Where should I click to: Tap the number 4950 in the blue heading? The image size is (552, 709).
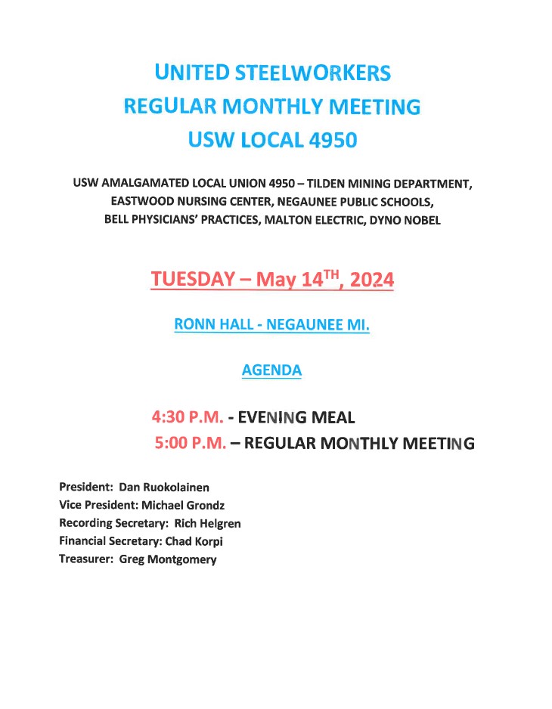tap(328, 141)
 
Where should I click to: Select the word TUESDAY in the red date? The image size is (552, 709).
tap(193, 279)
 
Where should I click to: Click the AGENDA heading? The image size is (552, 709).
tap(271, 370)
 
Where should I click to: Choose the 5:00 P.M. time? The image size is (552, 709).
tap(191, 444)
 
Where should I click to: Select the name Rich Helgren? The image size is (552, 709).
tap(207, 523)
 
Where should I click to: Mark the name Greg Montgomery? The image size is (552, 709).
tap(168, 559)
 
